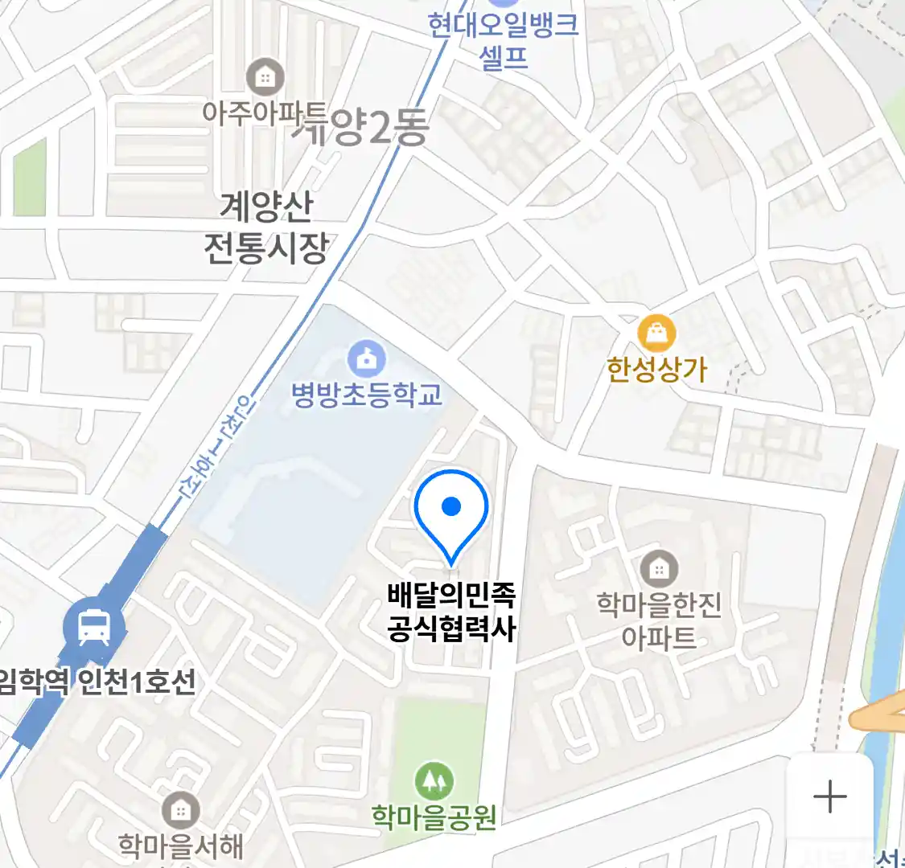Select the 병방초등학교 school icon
tap(367, 359)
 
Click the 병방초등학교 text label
tap(367, 395)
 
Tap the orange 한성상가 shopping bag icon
tap(656, 333)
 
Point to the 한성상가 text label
tap(656, 369)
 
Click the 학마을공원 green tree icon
tap(434, 780)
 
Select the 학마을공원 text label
tap(434, 817)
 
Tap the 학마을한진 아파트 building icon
tap(659, 569)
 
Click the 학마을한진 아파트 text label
tap(659, 621)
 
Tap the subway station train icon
tap(94, 626)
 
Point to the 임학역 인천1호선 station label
tap(97, 682)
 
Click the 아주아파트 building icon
tap(264, 77)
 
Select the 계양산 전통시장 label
tap(266, 228)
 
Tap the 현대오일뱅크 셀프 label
tap(504, 40)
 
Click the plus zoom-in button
tap(829, 796)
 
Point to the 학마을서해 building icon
tap(180, 811)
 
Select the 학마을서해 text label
tap(180, 846)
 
